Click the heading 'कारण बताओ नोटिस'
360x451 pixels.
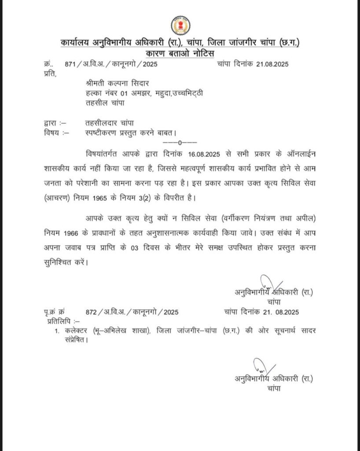[180, 54]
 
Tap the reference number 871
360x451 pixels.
[70, 64]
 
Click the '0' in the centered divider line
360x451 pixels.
[180, 142]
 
